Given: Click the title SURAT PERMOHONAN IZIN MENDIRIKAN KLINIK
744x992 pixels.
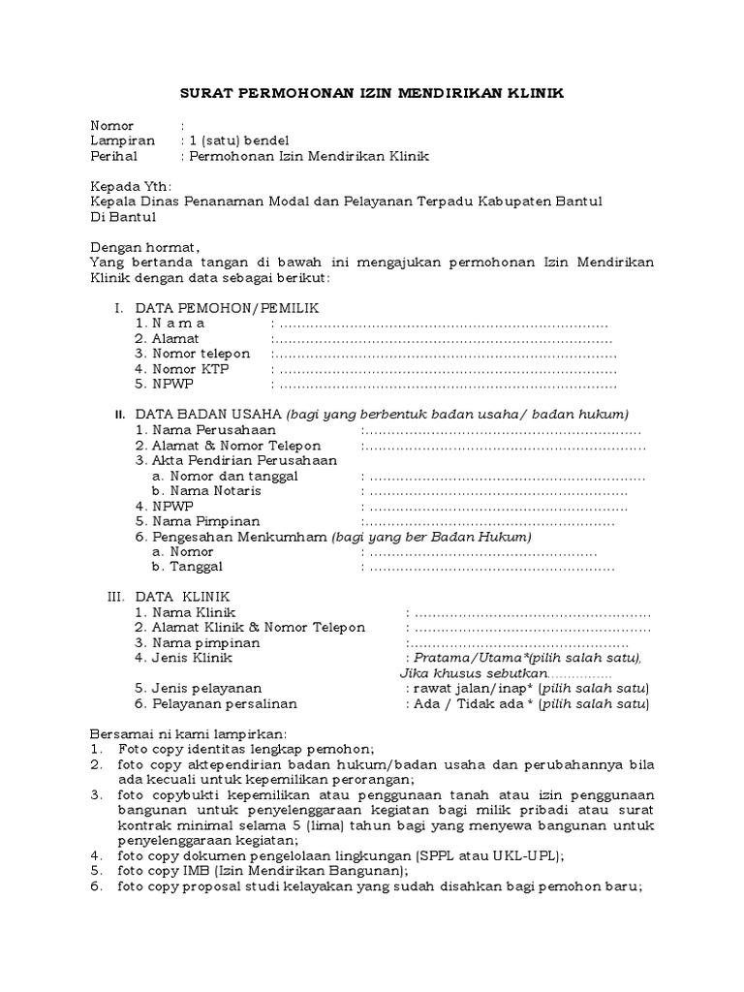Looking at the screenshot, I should pyautogui.click(x=371, y=93).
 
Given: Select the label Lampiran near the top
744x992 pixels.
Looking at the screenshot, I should pyautogui.click(x=116, y=140).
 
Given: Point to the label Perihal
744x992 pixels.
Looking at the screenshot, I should pyautogui.click(x=113, y=156).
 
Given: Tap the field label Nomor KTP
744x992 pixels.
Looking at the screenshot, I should pyautogui.click(x=187, y=368).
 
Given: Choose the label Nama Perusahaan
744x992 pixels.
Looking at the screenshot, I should pyautogui.click(x=214, y=429).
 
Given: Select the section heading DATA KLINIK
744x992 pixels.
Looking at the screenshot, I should pyautogui.click(x=183, y=597).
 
